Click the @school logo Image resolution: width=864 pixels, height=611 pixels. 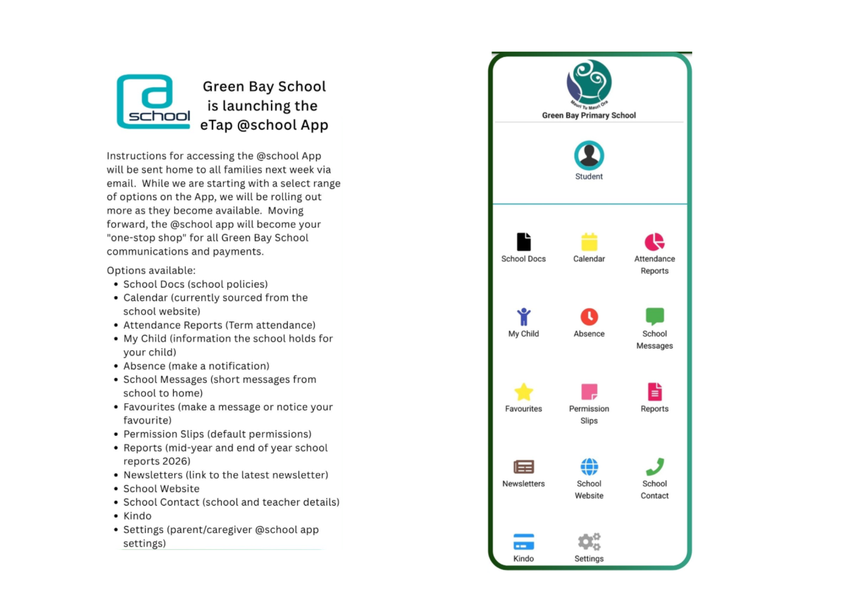[153, 102]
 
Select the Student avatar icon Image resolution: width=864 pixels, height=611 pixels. [589, 155]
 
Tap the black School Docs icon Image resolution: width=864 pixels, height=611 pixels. [524, 242]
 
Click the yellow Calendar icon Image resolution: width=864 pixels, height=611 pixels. [589, 242]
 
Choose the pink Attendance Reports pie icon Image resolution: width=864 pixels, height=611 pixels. [654, 242]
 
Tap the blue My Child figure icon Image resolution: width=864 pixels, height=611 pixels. [524, 317]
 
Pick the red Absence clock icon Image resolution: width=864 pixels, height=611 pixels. [589, 317]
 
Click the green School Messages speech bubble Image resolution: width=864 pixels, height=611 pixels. [654, 316]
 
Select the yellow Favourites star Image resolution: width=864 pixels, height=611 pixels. [524, 392]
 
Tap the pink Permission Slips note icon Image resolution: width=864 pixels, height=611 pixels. [589, 392]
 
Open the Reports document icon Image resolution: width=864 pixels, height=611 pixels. [654, 392]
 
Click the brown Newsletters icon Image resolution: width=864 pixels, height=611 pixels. [524, 467]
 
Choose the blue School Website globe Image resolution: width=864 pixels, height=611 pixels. [589, 467]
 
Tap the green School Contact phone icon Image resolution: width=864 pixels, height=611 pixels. [654, 467]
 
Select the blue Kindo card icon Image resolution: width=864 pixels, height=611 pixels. [524, 542]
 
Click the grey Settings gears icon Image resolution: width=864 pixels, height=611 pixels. [589, 542]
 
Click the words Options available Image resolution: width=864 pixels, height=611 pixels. [151, 270]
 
